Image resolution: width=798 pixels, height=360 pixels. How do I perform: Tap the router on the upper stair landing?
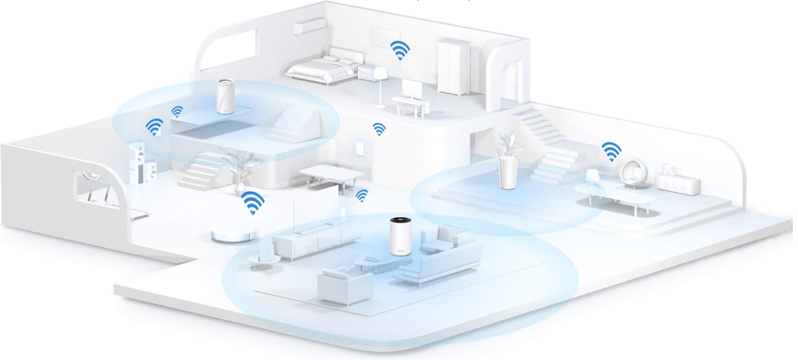tap(225, 96)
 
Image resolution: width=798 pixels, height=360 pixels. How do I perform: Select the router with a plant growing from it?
tap(507, 171)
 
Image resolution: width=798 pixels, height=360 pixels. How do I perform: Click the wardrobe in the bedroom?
tap(453, 66)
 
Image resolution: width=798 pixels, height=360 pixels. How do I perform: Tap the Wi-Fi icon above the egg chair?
tap(611, 151)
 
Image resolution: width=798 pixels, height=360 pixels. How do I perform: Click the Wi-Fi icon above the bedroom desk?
tap(400, 50)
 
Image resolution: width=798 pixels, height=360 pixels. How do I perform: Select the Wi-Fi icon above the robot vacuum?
tap(252, 202)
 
